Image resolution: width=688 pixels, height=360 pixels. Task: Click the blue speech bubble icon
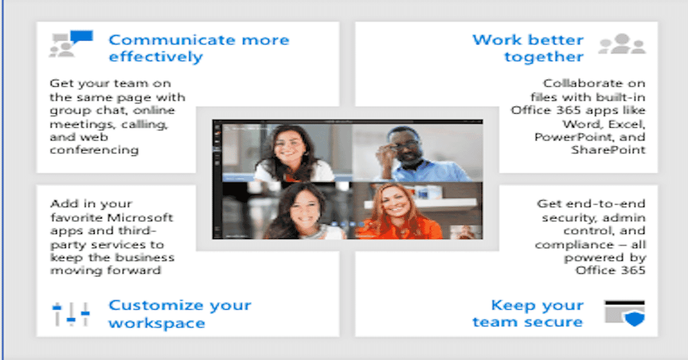(81, 37)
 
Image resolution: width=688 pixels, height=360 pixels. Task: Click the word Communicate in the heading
(173, 40)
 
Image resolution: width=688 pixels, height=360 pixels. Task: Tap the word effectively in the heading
(156, 57)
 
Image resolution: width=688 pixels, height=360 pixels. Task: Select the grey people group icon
(622, 44)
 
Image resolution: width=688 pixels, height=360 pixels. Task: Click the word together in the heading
(544, 57)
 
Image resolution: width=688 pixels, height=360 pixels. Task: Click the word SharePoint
(608, 150)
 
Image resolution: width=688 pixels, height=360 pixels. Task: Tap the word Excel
(627, 124)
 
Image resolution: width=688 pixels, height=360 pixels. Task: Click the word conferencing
(94, 150)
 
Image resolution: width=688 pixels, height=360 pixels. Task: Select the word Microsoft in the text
(140, 217)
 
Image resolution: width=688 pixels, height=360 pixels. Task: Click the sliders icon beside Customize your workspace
(71, 314)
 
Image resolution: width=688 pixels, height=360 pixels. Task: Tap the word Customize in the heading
(156, 306)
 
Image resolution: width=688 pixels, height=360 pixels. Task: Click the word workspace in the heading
(157, 323)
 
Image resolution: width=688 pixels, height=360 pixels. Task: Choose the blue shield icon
(635, 319)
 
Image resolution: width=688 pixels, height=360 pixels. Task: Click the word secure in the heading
(553, 322)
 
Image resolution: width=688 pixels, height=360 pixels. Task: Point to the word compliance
(574, 245)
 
